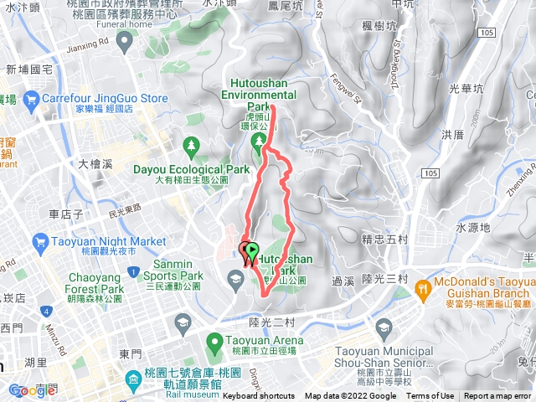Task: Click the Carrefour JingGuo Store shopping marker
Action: pyautogui.click(x=29, y=99)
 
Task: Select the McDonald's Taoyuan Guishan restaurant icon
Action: pyautogui.click(x=424, y=287)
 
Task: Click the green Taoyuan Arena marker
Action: pyautogui.click(x=215, y=341)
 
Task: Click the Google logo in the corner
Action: pyautogui.click(x=32, y=390)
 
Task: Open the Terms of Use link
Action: pyautogui.click(x=430, y=396)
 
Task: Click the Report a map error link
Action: pyautogui.click(x=497, y=396)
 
